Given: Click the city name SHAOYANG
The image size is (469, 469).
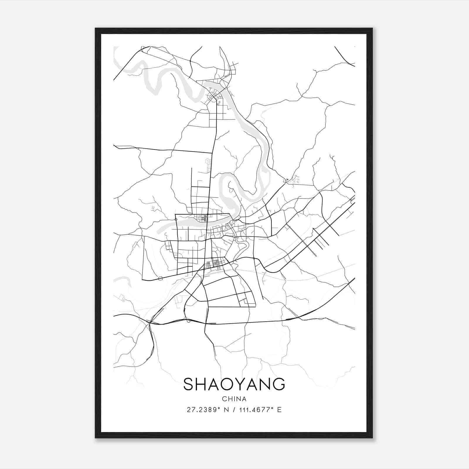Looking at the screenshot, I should (234, 384).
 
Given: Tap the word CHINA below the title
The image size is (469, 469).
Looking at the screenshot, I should (234, 399).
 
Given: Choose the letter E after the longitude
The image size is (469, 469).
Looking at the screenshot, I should (279, 410).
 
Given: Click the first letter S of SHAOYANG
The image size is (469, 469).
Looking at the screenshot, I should (189, 384).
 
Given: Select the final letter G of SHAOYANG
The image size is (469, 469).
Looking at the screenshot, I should (279, 384).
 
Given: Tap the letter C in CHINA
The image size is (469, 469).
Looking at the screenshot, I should (224, 399).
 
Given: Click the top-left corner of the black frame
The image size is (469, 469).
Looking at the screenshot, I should (96, 28).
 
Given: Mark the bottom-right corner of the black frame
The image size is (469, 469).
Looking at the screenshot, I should (372, 438).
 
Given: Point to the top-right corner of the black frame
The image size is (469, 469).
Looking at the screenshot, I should (372, 28).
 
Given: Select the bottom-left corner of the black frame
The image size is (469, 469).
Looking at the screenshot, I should (96, 438).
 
